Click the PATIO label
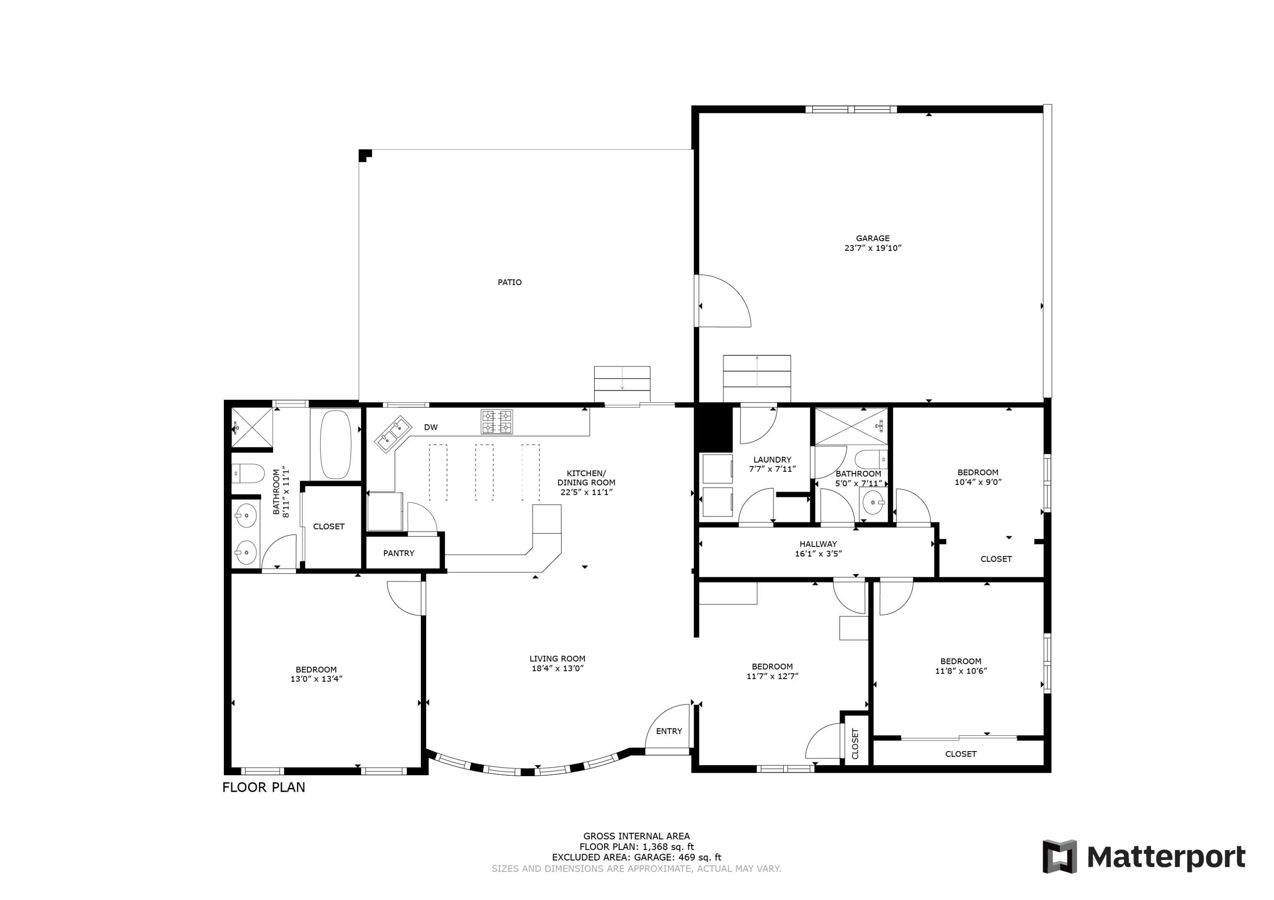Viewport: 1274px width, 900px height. coord(509,282)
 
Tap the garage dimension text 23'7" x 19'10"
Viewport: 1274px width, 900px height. coord(872,248)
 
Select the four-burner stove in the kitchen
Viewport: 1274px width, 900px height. coord(496,421)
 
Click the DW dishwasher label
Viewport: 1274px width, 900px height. coord(431,427)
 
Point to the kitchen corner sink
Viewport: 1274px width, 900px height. coord(393,434)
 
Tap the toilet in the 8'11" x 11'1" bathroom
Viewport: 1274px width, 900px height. coord(248,474)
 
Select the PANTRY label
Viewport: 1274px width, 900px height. coord(398,553)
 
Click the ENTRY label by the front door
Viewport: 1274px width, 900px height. coord(668,731)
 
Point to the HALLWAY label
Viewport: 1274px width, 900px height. coord(818,544)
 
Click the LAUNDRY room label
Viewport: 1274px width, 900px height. coord(772,460)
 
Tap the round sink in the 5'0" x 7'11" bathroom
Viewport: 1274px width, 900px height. coord(874,503)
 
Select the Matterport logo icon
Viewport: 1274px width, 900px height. coord(1059,857)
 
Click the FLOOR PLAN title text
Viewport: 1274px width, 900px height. coord(264,788)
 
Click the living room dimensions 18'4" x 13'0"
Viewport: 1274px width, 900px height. coord(557,668)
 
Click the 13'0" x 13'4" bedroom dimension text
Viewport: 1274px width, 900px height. coord(316,679)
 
